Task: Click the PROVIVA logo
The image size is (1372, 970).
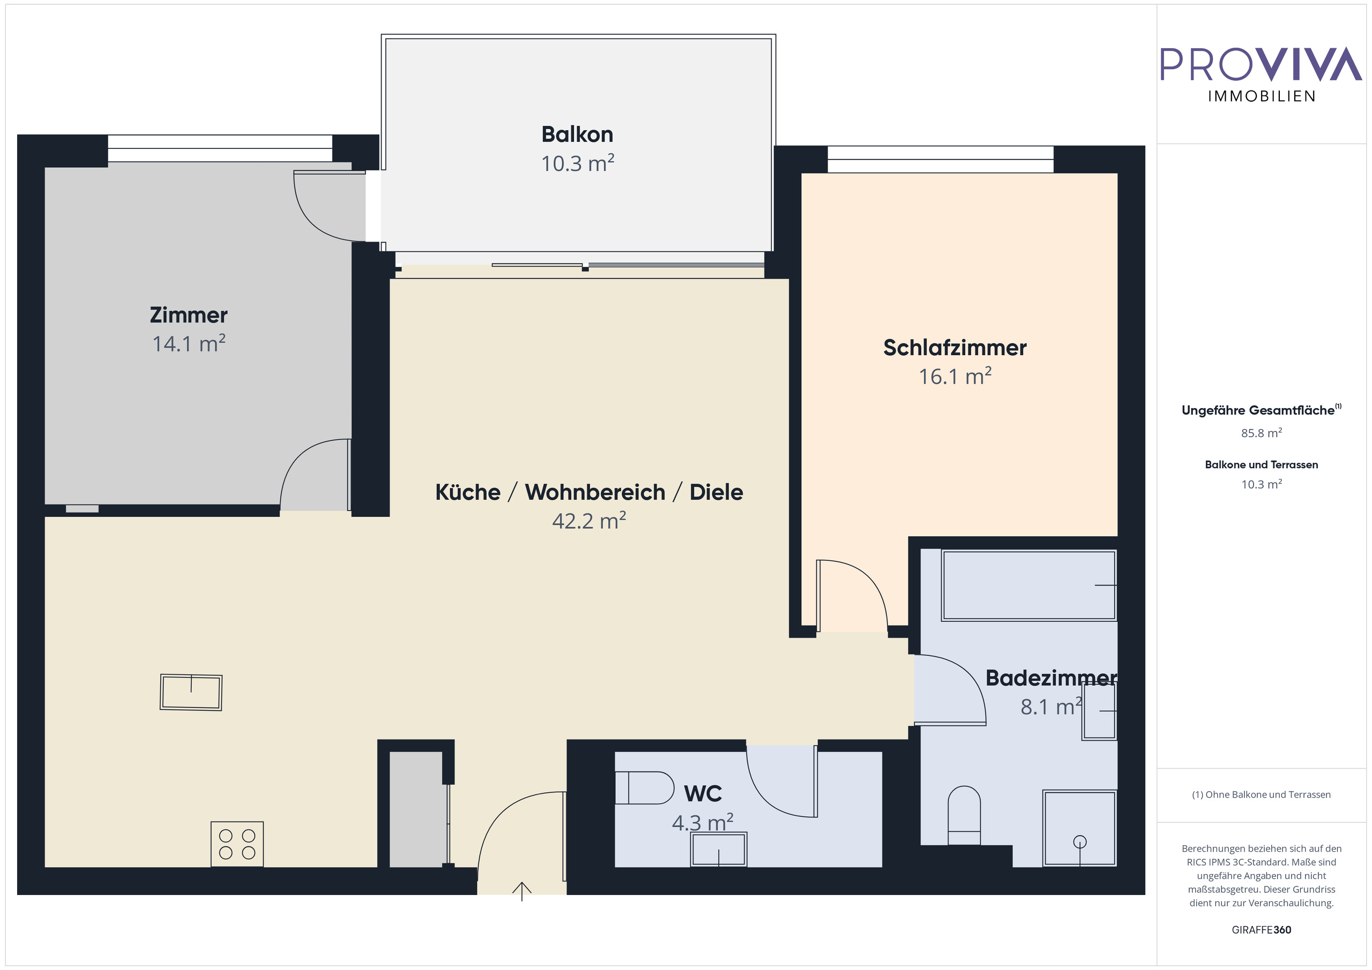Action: click(x=1261, y=74)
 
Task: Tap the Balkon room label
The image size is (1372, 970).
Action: click(x=577, y=134)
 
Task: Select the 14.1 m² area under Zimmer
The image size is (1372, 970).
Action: click(x=189, y=343)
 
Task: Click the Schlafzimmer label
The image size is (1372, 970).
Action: click(x=955, y=348)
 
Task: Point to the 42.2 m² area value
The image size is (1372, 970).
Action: click(x=589, y=520)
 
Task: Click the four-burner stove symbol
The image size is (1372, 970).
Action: click(x=237, y=844)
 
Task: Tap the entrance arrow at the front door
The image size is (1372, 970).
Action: click(x=522, y=891)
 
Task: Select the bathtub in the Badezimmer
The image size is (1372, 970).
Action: click(x=1029, y=585)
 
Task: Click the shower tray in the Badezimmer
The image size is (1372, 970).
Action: click(x=1080, y=828)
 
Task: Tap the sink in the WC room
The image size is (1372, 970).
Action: click(x=718, y=849)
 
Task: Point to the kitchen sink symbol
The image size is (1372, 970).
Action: click(x=191, y=692)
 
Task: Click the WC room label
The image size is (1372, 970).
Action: click(x=703, y=793)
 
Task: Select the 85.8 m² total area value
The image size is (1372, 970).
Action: click(x=1262, y=433)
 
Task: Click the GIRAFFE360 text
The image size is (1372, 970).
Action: click(x=1262, y=929)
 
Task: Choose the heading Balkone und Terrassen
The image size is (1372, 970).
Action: click(x=1262, y=465)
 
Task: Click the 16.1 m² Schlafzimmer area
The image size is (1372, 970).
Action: click(x=955, y=377)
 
